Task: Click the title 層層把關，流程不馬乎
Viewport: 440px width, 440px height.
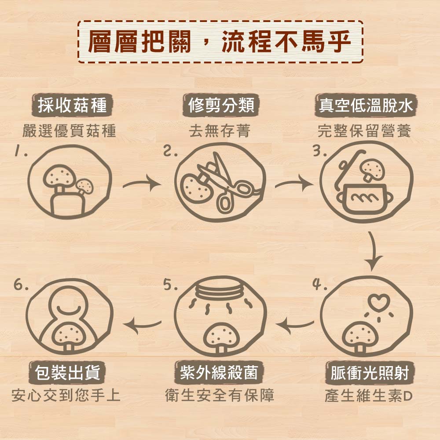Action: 220,42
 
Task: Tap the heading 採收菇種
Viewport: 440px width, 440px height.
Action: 72,106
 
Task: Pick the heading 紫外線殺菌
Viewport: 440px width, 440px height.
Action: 219,374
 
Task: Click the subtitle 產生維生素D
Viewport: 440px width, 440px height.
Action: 368,396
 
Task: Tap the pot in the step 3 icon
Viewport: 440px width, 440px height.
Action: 363,198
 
